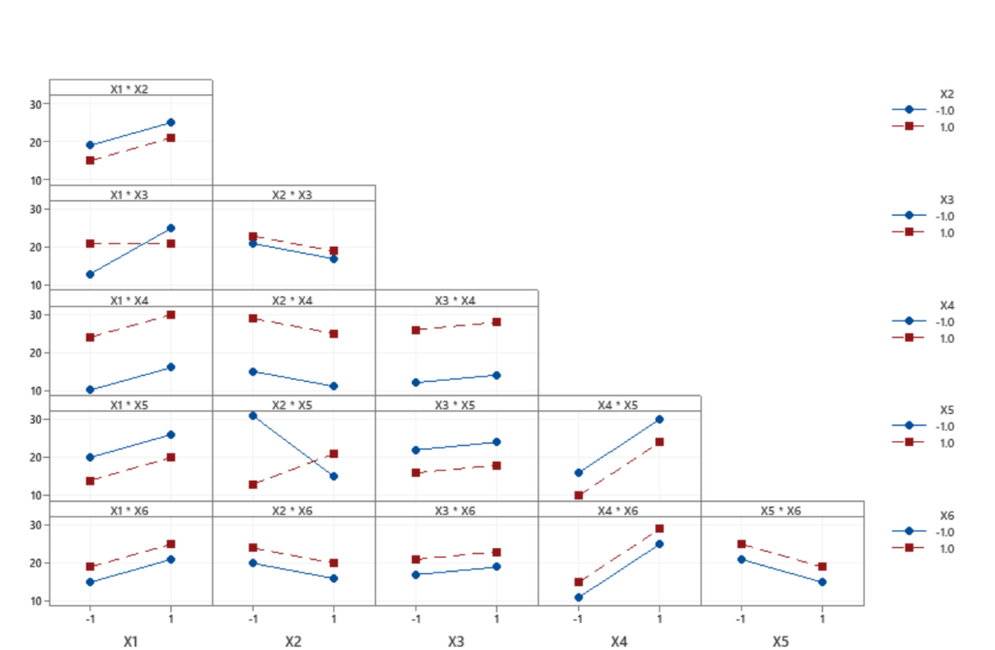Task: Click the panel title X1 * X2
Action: coord(130,88)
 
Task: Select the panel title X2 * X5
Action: coord(293,404)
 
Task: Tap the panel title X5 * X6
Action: coord(781,510)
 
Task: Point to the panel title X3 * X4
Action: coord(456,299)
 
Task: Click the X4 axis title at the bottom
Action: coord(619,641)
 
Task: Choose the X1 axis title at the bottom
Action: coord(131,641)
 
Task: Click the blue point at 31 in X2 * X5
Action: coord(254,416)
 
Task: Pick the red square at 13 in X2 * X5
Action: coord(254,484)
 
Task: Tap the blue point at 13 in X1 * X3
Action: coord(90,274)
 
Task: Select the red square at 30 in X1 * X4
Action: coord(171,315)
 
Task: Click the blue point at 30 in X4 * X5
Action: coord(660,420)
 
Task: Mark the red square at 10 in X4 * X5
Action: coord(579,496)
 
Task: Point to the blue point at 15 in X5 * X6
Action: coord(822,582)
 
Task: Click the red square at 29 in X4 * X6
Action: coord(660,529)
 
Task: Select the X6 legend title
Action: coord(946,515)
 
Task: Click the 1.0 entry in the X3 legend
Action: coord(946,233)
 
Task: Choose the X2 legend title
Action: coord(946,93)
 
